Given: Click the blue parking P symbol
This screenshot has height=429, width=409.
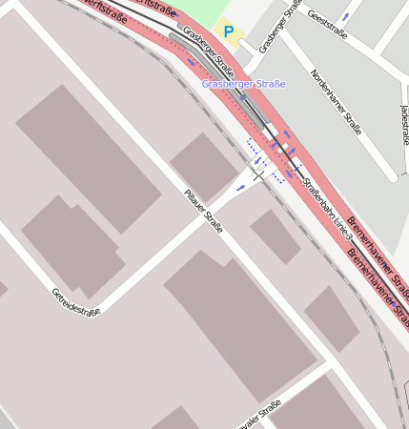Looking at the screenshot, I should click(229, 31).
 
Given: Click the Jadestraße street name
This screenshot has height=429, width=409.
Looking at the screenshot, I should click(405, 125).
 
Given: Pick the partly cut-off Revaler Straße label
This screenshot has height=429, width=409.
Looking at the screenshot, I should click(257, 415).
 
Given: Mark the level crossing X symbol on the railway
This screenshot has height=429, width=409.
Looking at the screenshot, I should click(258, 175).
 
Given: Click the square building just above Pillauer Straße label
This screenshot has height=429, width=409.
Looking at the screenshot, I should click(204, 167).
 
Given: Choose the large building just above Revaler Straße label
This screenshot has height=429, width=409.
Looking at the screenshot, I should click(238, 319).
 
